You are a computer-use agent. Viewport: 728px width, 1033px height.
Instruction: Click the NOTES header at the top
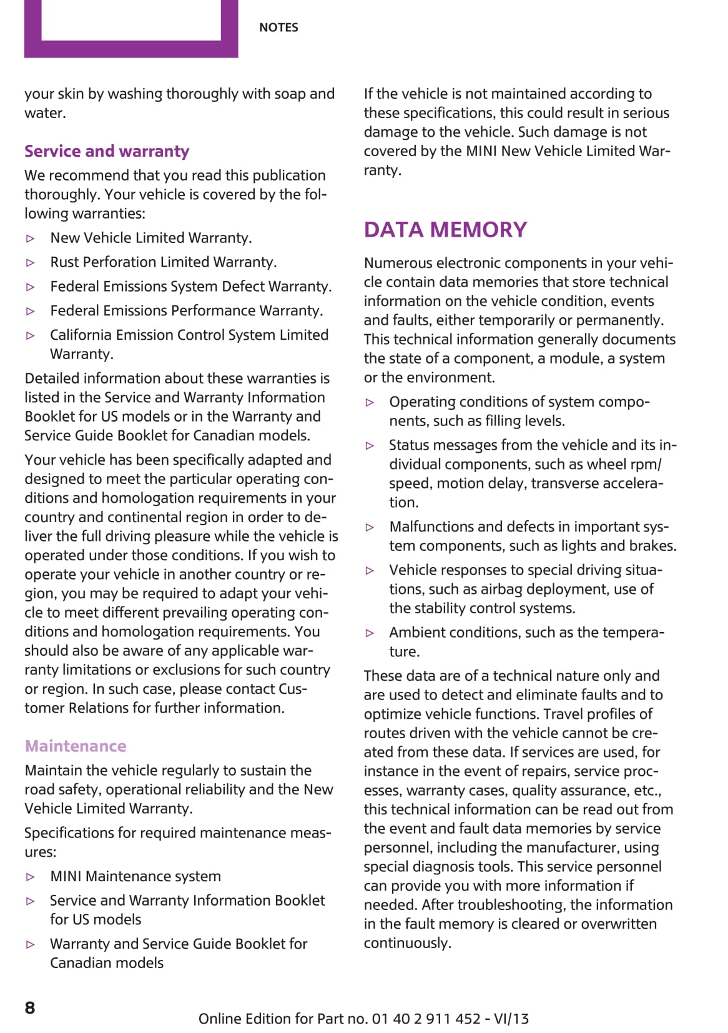(x=278, y=27)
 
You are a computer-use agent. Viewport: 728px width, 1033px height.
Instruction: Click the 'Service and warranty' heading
(x=107, y=151)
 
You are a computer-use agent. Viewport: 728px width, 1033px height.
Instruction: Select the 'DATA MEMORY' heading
(x=445, y=229)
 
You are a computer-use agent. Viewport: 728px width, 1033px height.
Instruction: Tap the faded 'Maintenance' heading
(x=76, y=746)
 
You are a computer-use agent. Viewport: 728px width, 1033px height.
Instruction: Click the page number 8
(x=30, y=1007)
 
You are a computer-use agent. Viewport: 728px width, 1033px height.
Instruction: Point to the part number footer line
(x=363, y=1019)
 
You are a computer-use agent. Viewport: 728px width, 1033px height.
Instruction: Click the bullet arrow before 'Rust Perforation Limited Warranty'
(x=31, y=263)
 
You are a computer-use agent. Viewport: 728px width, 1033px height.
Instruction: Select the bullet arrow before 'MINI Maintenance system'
(x=31, y=877)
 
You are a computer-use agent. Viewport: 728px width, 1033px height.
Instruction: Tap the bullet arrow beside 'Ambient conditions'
(x=370, y=633)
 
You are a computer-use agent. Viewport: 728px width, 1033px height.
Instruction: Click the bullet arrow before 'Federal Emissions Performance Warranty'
(x=31, y=311)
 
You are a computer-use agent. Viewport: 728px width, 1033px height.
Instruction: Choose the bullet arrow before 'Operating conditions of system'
(x=370, y=403)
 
